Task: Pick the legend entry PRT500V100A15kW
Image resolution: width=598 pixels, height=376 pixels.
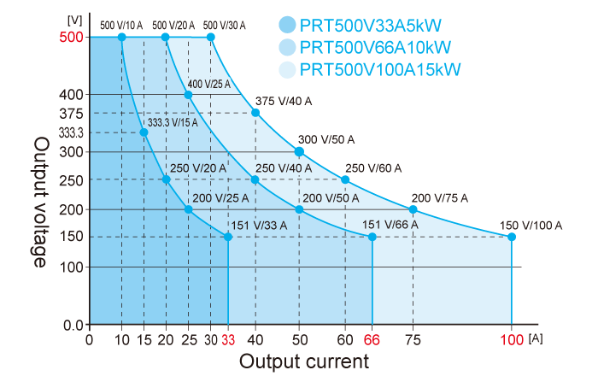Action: tap(380, 68)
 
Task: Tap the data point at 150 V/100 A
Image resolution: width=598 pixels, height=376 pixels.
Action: tap(512, 237)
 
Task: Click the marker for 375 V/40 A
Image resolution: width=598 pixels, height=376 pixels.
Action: tap(255, 113)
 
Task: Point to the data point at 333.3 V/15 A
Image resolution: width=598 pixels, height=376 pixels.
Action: tap(144, 132)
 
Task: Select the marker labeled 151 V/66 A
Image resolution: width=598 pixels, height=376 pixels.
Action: tap(372, 237)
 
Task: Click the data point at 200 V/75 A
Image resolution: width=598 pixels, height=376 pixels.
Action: tap(413, 209)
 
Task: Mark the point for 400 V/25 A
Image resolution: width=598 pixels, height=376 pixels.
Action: tap(189, 94)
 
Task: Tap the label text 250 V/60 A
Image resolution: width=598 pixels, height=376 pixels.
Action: tap(372, 168)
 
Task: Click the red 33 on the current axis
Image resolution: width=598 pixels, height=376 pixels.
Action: tap(228, 340)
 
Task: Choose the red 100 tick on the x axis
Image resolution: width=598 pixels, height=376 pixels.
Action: tap(512, 340)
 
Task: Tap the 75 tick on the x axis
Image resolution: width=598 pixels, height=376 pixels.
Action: tap(413, 340)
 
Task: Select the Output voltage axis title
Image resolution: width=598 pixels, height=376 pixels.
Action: tap(40, 202)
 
